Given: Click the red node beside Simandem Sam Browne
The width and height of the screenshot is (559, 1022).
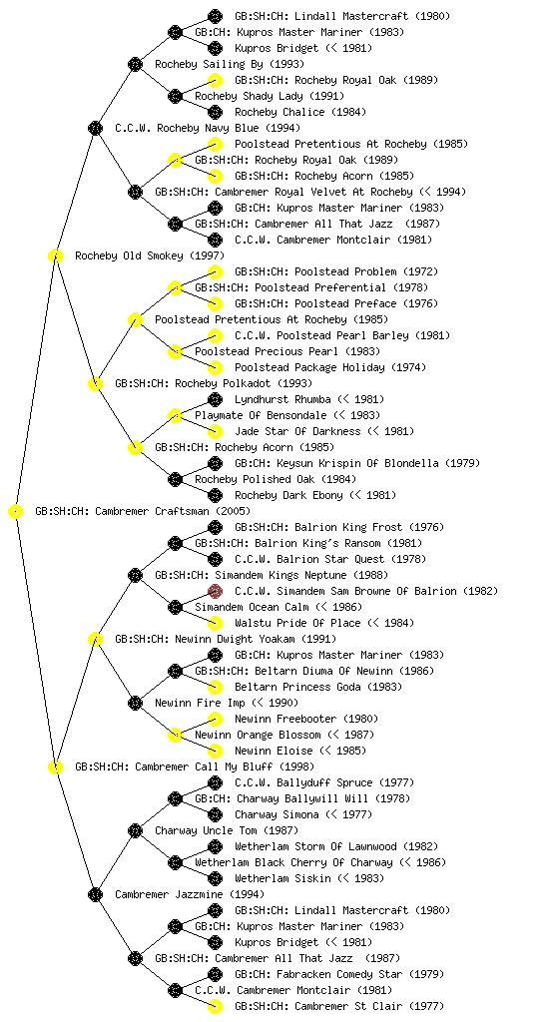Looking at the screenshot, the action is (215, 591).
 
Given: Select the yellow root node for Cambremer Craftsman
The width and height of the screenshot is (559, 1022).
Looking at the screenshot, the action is (16, 512).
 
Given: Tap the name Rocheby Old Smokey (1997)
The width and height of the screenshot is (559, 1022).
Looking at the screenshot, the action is (150, 256).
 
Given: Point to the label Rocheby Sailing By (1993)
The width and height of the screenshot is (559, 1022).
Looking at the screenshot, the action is (230, 65).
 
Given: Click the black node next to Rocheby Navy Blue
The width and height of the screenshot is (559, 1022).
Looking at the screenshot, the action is (95, 129).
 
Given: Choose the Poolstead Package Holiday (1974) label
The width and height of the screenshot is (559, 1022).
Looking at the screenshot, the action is (330, 367).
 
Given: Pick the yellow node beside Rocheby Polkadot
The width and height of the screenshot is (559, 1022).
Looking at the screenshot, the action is (95, 384).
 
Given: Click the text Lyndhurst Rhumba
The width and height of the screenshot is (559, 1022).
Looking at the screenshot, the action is (282, 399).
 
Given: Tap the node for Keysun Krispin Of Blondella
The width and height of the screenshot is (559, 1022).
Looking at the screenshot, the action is (215, 463).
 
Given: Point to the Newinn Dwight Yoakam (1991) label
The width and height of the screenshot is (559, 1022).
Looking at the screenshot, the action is (226, 640).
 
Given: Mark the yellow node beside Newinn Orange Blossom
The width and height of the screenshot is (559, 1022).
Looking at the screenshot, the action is (175, 736).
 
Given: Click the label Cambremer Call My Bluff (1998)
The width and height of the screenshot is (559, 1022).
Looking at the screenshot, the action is (195, 767).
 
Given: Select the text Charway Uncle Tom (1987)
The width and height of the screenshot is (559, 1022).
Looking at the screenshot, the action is (227, 831).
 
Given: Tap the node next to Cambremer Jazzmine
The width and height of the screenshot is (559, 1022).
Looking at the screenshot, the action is (95, 895).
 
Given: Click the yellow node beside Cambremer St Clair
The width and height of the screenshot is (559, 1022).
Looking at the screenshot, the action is (215, 1006).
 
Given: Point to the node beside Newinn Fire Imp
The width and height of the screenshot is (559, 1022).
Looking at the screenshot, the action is (135, 704).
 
